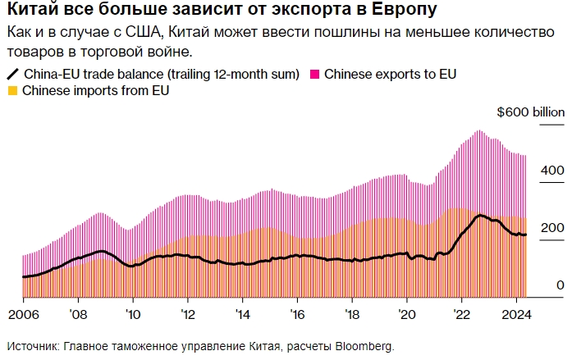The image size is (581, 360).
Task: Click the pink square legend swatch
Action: [314, 74]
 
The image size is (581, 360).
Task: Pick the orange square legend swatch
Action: [11, 90]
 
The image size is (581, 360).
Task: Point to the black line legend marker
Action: [13, 74]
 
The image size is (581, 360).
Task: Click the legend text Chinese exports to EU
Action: [390, 74]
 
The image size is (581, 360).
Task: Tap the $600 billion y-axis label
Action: [531, 113]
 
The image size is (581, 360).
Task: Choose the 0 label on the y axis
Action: [560, 285]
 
